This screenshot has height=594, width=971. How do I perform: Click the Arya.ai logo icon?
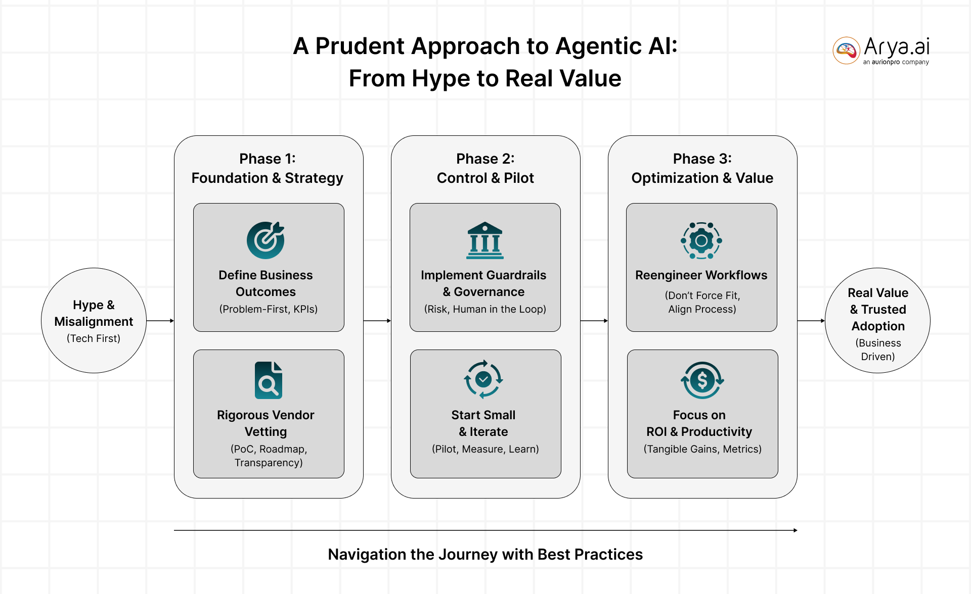pos(846,51)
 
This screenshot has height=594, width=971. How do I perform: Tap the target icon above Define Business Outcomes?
pos(266,240)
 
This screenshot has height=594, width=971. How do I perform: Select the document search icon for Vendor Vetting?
pos(268,380)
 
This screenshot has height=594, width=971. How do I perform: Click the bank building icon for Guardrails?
pos(484,240)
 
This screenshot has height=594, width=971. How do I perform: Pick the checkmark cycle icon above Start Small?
pos(483,379)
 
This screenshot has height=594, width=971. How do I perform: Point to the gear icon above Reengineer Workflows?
pos(701,240)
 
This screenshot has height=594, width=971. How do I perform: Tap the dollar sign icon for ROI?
pos(702,380)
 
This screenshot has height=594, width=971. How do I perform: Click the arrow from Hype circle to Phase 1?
pos(160,321)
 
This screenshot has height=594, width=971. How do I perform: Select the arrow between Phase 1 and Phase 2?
pos(377,321)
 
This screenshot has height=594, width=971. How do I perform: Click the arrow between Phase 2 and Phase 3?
pos(594,321)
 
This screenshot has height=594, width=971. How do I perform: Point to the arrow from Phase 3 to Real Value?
pos(811,321)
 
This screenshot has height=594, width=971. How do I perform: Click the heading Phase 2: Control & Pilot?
pos(485,168)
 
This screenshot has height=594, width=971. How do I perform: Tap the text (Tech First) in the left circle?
pos(94,338)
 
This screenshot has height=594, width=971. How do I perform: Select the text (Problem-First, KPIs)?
pos(268,309)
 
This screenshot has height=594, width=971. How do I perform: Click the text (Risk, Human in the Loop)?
pos(485,309)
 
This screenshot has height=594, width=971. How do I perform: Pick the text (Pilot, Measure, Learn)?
pos(485,449)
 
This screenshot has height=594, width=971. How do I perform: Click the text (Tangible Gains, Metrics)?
pos(702,449)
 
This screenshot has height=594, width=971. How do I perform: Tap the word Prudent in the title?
pos(362,46)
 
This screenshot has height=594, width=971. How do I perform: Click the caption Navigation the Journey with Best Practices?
pos(485,555)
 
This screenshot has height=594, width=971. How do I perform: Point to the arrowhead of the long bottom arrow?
pos(795,530)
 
